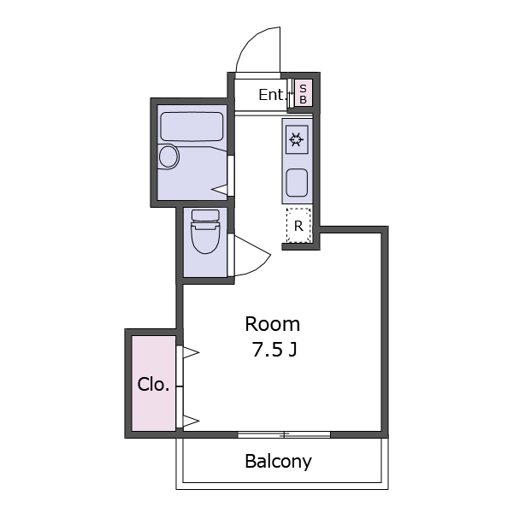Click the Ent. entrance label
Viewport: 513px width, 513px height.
click(x=271, y=95)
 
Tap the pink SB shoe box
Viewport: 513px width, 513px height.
click(x=304, y=92)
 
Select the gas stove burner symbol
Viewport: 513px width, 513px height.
click(x=297, y=139)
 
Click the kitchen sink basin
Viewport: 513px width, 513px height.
click(x=297, y=183)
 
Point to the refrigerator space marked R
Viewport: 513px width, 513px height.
click(x=298, y=226)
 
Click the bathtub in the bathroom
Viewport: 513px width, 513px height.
click(x=192, y=127)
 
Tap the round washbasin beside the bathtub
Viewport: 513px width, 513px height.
click(x=168, y=156)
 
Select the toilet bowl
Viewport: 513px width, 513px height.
click(x=205, y=237)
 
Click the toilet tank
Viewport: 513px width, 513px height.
click(x=205, y=215)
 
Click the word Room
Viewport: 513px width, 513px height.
click(x=273, y=324)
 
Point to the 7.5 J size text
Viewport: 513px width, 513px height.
click(x=274, y=350)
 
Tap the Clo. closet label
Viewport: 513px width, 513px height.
click(x=153, y=385)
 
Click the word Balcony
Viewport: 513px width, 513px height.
click(x=279, y=462)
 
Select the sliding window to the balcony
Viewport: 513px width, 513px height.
click(x=284, y=434)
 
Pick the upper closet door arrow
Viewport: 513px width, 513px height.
click(x=191, y=352)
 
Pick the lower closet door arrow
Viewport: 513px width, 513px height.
click(x=191, y=421)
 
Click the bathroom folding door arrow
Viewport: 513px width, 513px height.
click(x=219, y=190)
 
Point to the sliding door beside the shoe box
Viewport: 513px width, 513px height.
click(x=290, y=93)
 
